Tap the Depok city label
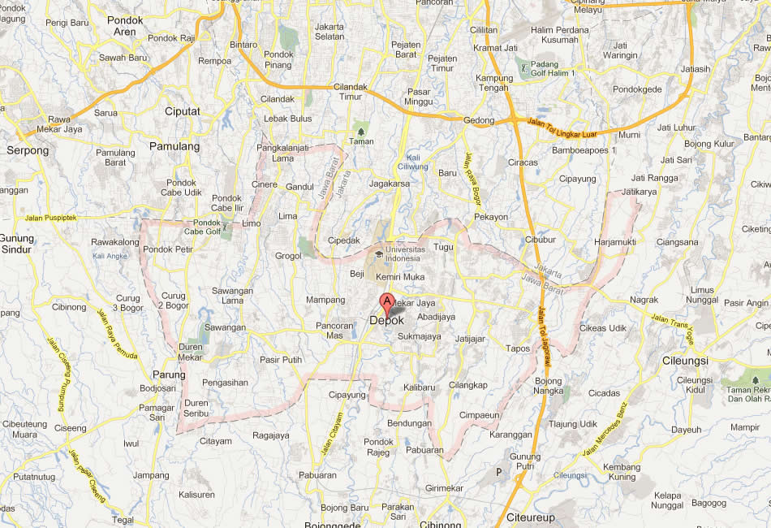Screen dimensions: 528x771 (x=386, y=321)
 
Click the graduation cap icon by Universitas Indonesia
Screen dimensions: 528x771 (x=379, y=254)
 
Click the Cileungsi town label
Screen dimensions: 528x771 (x=684, y=360)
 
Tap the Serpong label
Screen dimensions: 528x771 (x=28, y=150)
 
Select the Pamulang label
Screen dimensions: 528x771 (x=174, y=146)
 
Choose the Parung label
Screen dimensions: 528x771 (x=169, y=374)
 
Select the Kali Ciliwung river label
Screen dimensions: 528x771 (x=417, y=162)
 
